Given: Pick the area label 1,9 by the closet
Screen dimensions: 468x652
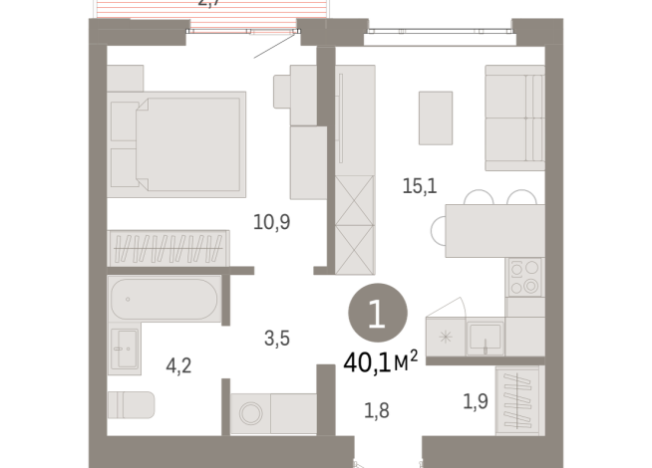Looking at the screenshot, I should (x=477, y=402).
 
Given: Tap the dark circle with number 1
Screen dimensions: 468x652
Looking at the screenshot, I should (x=376, y=316).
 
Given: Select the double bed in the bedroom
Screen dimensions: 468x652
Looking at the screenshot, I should (x=176, y=142).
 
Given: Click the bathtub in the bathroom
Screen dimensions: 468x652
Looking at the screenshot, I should (x=163, y=300).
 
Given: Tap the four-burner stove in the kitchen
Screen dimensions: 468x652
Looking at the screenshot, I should (x=524, y=278).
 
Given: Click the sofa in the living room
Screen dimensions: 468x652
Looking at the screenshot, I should (x=513, y=118).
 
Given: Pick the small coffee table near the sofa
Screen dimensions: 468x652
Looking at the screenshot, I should (x=436, y=117).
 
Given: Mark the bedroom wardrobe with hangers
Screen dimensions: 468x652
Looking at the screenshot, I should (x=167, y=246).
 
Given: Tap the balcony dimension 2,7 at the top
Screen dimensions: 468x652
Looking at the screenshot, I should (x=209, y=4).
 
